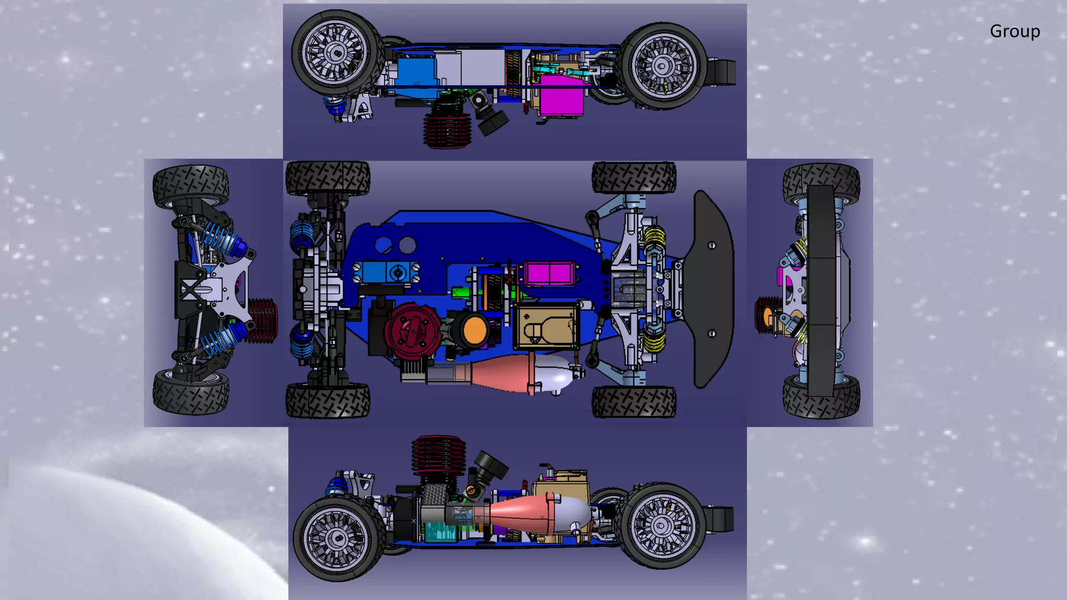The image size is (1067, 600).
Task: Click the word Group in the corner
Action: pos(1014,31)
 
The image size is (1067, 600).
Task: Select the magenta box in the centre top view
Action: pos(550,273)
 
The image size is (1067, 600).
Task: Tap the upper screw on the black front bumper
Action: pos(712,245)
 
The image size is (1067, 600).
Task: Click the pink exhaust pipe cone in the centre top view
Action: pos(500,373)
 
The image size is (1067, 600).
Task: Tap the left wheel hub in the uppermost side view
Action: pos(336,52)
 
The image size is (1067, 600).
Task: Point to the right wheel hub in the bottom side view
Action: pos(661,526)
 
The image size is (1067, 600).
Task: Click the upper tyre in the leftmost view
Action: pos(191,184)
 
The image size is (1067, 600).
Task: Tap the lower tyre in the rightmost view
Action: pos(821,398)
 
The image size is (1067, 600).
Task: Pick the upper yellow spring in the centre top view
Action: pos(655,237)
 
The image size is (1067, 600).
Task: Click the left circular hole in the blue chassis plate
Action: pos(383,245)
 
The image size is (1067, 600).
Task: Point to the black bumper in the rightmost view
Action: pos(821,292)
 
